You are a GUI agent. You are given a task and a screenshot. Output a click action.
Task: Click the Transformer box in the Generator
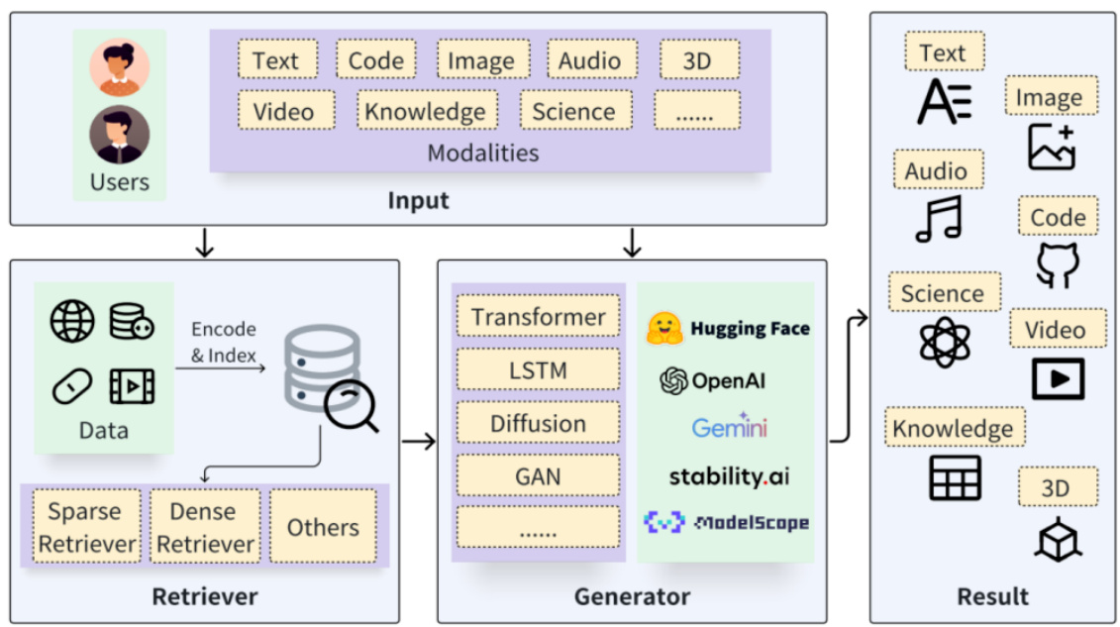click(x=538, y=318)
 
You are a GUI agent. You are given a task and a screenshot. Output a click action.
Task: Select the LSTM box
click(x=538, y=371)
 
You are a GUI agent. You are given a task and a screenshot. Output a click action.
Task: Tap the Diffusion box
click(x=538, y=424)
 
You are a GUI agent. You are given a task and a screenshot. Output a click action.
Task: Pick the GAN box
click(x=538, y=476)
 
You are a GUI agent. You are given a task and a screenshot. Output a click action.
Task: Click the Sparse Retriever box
click(x=87, y=527)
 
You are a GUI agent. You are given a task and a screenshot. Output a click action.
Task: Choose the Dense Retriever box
click(x=205, y=527)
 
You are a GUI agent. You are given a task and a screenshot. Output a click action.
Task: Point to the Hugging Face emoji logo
click(x=663, y=329)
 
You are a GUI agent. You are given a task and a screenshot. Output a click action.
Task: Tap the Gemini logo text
click(x=730, y=427)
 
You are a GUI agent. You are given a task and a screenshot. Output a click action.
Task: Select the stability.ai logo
click(x=729, y=476)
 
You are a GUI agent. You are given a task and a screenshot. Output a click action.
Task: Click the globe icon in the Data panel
click(x=73, y=322)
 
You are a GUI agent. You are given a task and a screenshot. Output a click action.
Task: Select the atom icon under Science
click(x=945, y=342)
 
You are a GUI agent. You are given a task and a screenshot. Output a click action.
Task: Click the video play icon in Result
click(x=1058, y=377)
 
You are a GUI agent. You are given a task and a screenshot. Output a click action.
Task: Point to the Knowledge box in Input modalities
click(x=425, y=111)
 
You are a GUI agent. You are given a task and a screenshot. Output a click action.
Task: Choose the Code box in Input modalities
click(x=375, y=60)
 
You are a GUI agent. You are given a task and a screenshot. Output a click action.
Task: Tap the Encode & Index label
click(x=223, y=342)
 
